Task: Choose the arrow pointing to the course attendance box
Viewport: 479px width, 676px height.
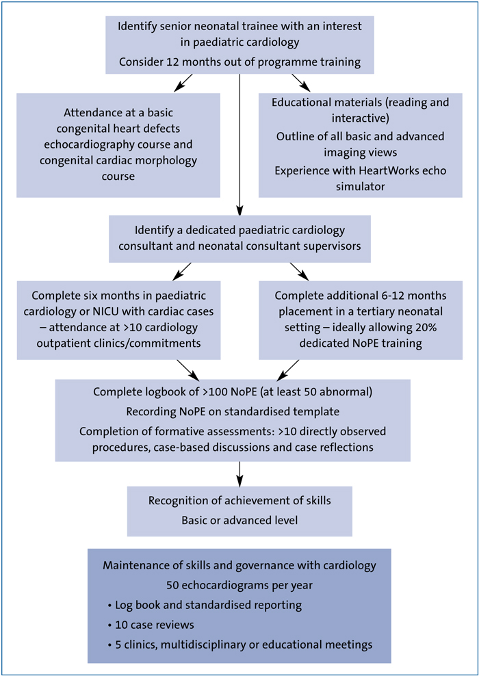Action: pyautogui.click(x=183, y=82)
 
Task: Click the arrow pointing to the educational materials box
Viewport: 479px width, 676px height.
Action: pyautogui.click(x=301, y=82)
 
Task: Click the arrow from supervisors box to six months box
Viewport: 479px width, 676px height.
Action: pyautogui.click(x=183, y=271)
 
